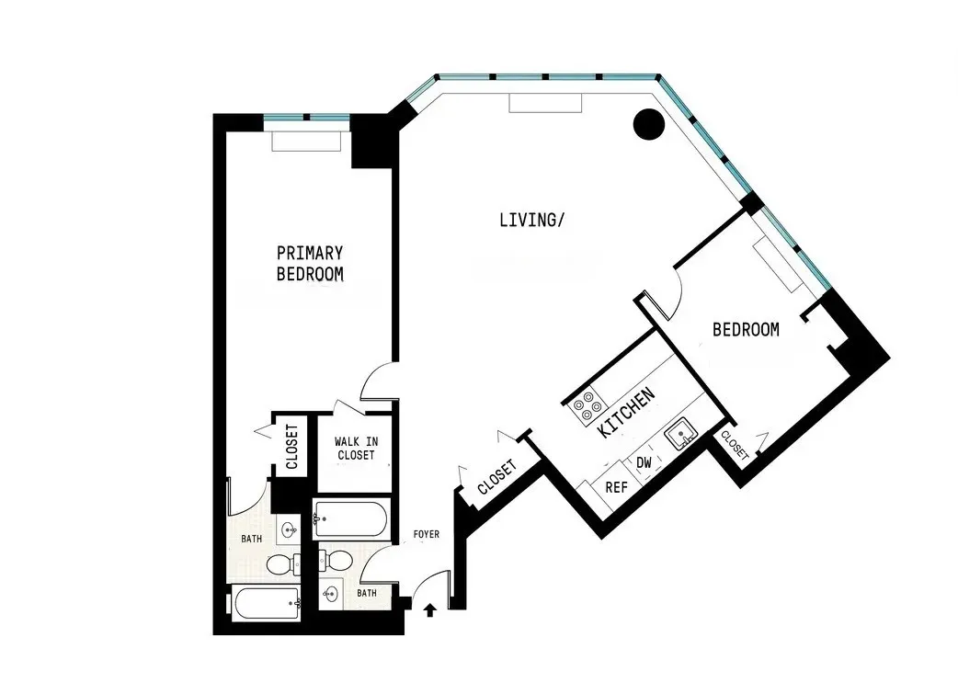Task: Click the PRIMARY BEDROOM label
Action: tap(310, 263)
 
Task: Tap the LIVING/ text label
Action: tap(530, 220)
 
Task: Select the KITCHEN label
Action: tap(626, 412)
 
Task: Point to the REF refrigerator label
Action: tap(615, 487)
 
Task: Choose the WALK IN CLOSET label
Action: tap(356, 449)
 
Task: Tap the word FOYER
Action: tap(427, 534)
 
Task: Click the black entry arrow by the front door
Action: tap(429, 609)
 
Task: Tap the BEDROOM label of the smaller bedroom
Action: tap(746, 329)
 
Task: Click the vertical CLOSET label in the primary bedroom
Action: tap(291, 447)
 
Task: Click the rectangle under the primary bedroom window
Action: tap(307, 142)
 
